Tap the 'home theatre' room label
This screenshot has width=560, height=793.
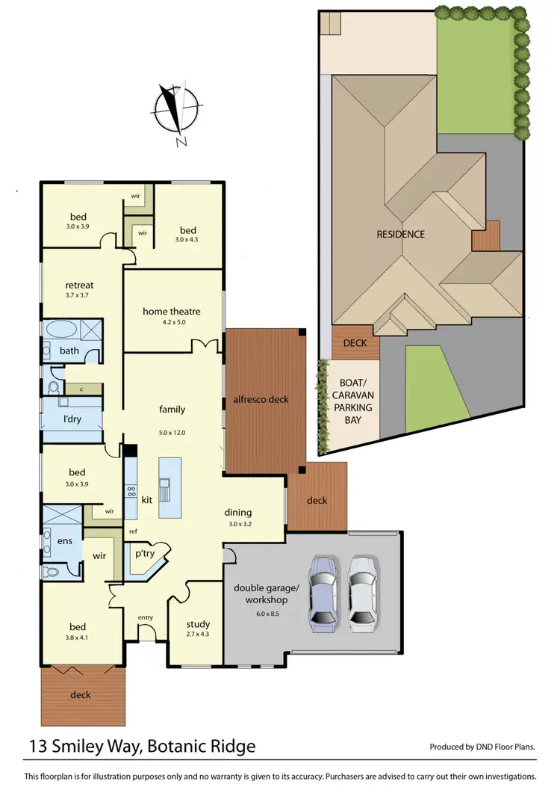(x=172, y=312)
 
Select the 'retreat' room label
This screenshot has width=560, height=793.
(x=79, y=285)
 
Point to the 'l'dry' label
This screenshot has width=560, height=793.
(x=72, y=419)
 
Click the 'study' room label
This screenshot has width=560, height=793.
(x=198, y=624)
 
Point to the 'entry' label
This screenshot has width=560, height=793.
(x=146, y=617)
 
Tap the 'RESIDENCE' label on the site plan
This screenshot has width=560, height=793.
(x=400, y=234)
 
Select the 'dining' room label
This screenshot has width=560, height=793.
(x=238, y=513)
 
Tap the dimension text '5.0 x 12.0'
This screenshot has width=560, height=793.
(x=172, y=433)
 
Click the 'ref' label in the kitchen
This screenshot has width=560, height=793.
(x=132, y=531)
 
